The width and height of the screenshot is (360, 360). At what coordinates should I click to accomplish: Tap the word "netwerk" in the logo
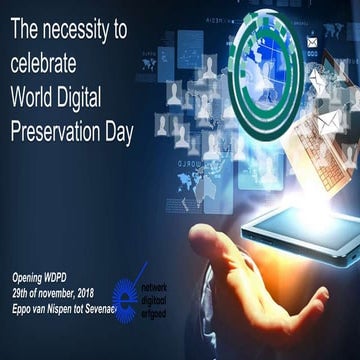click(x=158, y=286)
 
